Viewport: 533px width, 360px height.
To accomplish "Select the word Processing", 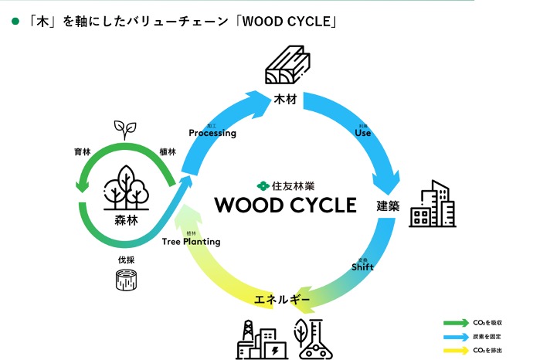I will [x=212, y=133].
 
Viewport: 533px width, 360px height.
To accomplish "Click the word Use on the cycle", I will [x=363, y=132].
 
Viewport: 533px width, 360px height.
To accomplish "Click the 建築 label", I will [x=388, y=206].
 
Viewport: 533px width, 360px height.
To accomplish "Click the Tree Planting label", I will [x=192, y=242].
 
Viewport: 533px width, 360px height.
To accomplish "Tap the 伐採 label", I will [x=125, y=259].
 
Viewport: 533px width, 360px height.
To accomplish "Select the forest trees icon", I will [x=124, y=187].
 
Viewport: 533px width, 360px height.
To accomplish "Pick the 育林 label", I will [x=80, y=152].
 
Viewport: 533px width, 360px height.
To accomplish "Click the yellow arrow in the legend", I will [x=453, y=350].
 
